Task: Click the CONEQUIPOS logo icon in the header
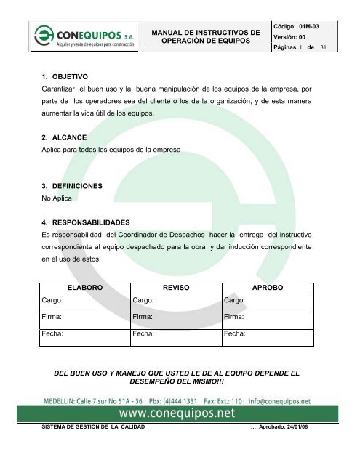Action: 43,35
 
